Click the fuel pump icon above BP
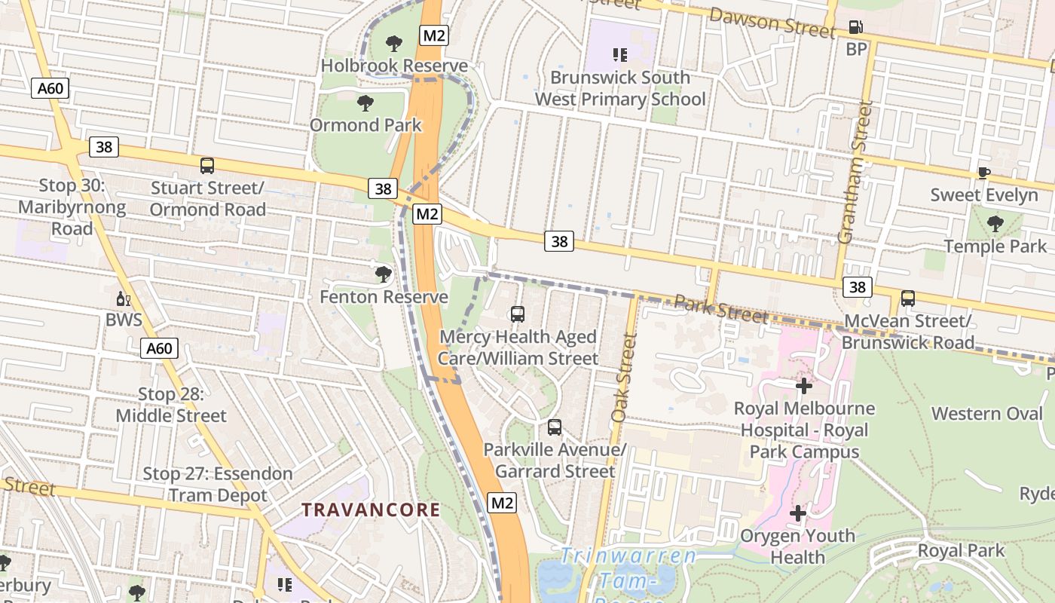click(856, 27)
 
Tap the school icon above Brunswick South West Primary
click(620, 54)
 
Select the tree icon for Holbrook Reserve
click(393, 44)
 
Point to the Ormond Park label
click(366, 124)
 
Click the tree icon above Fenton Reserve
click(384, 274)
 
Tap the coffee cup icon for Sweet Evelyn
click(983, 173)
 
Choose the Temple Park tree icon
click(995, 224)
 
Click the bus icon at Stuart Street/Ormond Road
click(207, 166)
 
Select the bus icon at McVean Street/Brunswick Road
click(908, 298)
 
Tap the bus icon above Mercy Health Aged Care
click(518, 314)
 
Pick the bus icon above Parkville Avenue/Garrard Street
click(555, 427)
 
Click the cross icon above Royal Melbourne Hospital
click(804, 386)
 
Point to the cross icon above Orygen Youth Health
click(797, 513)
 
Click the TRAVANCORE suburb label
click(371, 510)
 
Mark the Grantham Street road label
click(855, 173)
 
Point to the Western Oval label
click(987, 413)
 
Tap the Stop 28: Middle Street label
click(171, 405)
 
